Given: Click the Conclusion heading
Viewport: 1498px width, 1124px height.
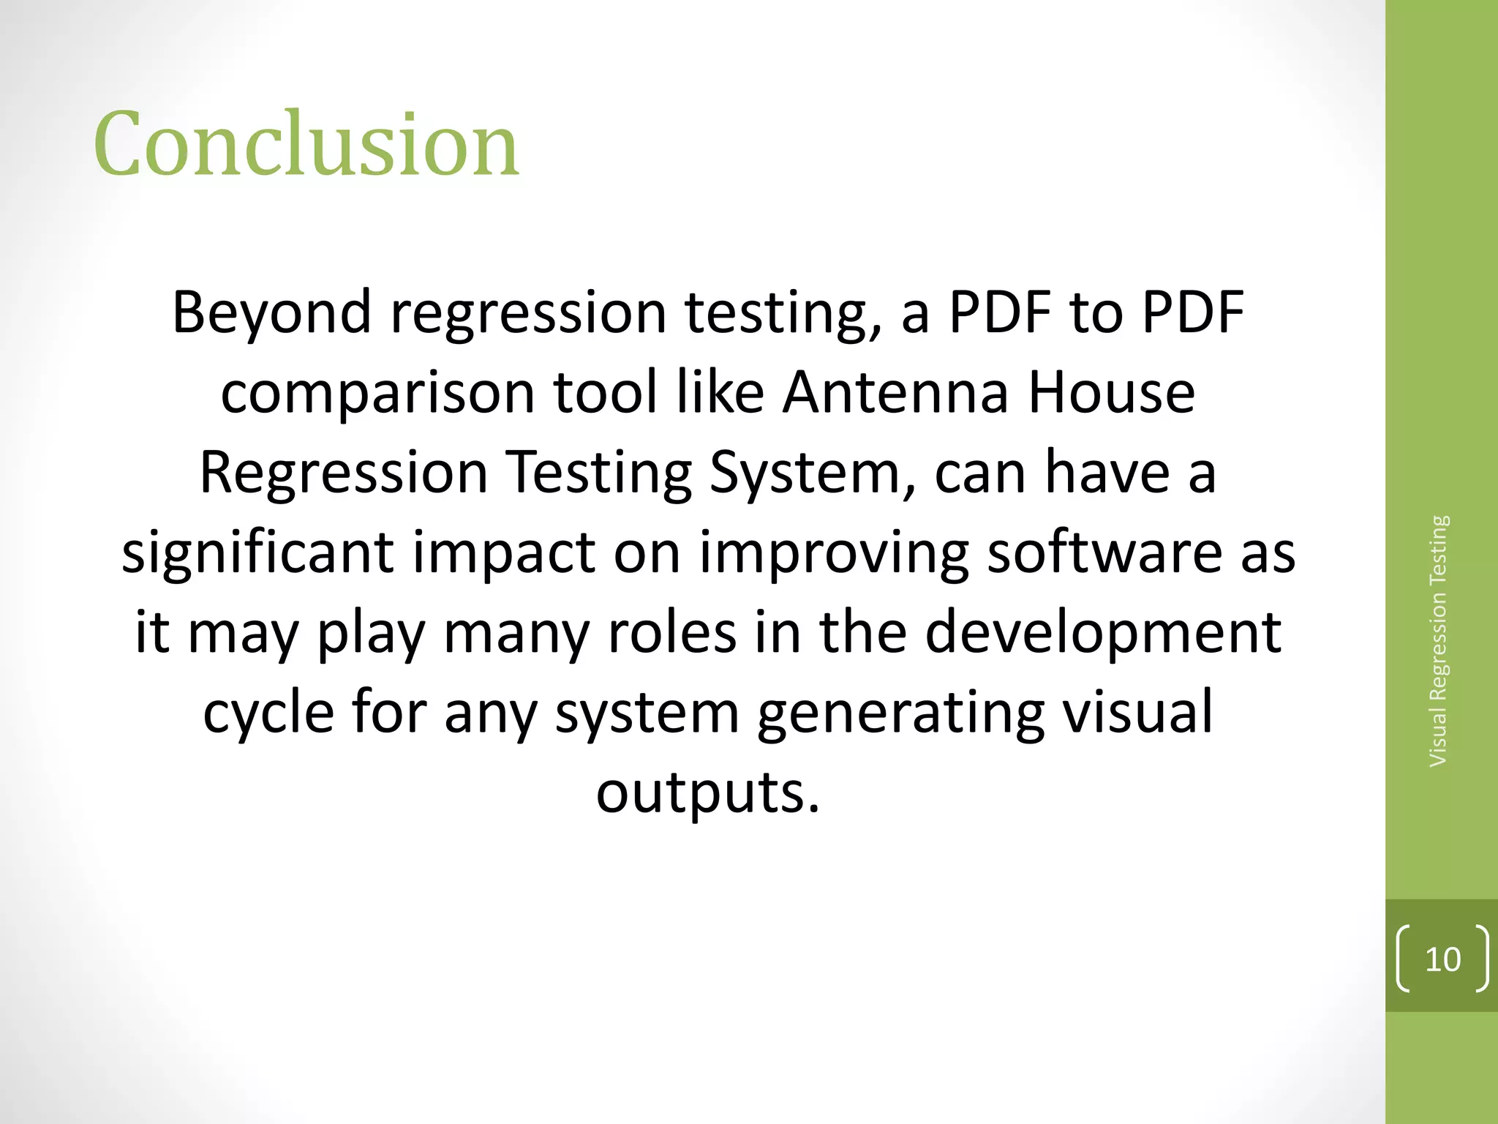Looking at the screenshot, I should (306, 144).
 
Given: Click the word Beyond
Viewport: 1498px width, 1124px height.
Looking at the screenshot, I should (271, 313).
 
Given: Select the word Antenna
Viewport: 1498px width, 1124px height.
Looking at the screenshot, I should (895, 392).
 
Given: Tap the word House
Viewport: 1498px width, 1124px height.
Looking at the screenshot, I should (1111, 392).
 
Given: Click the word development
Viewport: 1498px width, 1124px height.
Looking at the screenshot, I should (1103, 634).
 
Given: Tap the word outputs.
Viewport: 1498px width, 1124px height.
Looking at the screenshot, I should (707, 794).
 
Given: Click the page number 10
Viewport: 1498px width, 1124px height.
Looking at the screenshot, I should (1442, 959).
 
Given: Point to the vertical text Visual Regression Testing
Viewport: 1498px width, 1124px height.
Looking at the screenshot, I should (1438, 641).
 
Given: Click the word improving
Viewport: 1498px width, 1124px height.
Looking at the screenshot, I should (834, 553).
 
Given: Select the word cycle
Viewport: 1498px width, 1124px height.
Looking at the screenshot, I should (268, 714).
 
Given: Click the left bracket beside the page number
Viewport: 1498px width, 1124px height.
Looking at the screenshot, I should (1402, 959).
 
